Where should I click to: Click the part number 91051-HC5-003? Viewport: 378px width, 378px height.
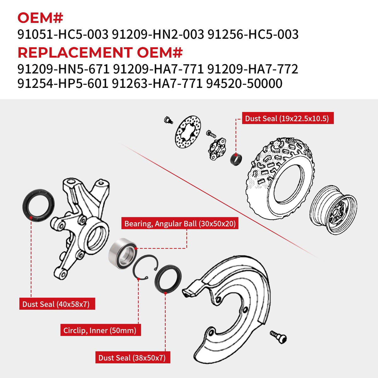coord(63,34)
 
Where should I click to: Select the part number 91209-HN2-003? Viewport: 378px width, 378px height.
coord(158,34)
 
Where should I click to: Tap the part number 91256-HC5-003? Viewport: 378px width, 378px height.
coord(253,34)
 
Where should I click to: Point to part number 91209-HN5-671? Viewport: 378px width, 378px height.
coord(63,69)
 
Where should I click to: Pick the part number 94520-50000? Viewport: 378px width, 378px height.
coord(244,83)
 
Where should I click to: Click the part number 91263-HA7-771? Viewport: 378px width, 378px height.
coord(157,83)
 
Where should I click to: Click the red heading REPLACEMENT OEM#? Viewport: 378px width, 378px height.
coord(100,53)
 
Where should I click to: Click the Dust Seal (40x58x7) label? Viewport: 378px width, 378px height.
coord(57,304)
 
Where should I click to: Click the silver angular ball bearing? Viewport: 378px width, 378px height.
coord(123,254)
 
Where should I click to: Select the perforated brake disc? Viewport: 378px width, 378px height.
coord(188,132)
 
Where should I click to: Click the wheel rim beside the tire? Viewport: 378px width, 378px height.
coord(333,210)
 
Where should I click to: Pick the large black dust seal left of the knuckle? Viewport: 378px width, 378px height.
coord(39,205)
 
